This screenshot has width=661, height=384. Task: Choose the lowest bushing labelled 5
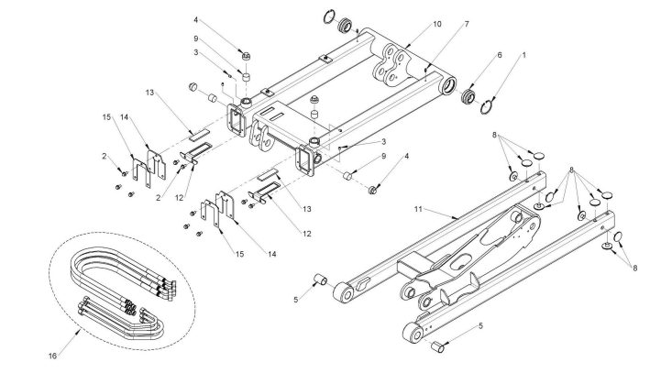pos(438,346)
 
